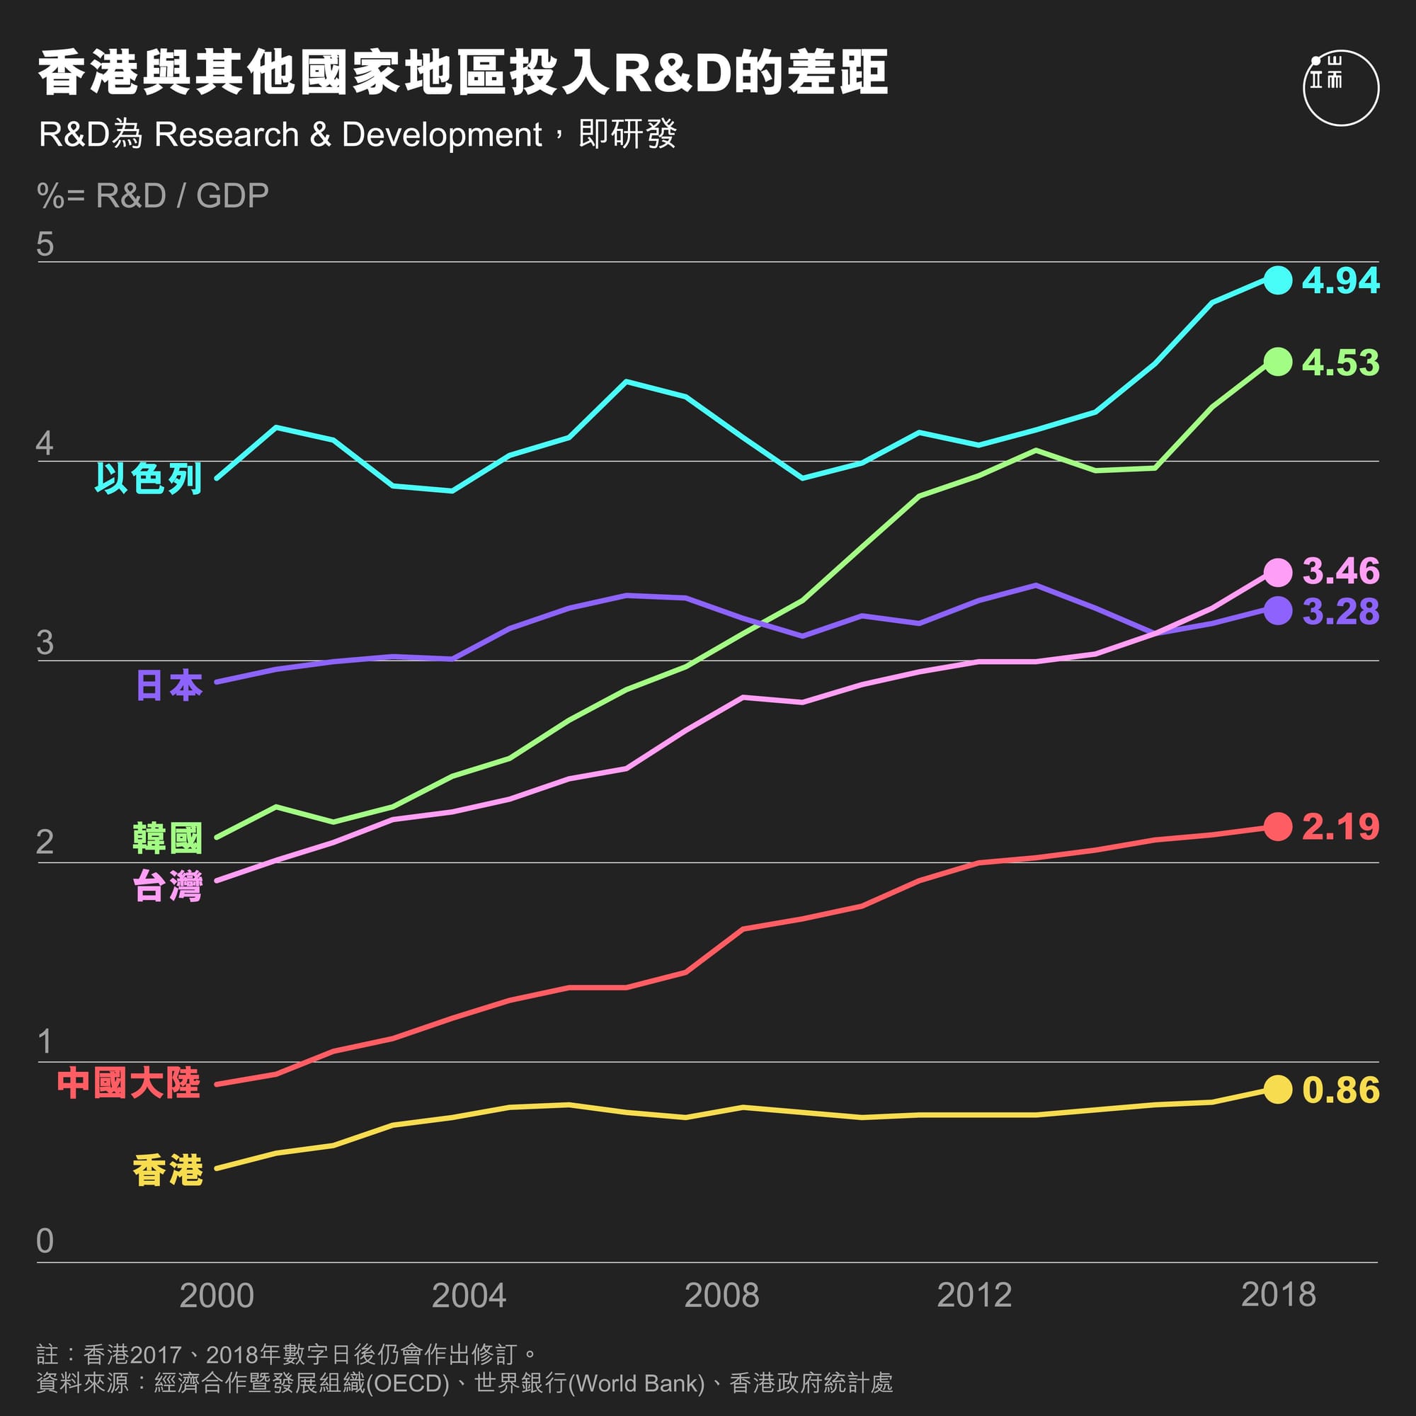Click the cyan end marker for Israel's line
point(1277,280)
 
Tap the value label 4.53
point(1340,362)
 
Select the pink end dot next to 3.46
point(1277,572)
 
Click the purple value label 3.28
point(1340,611)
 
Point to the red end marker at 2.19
point(1277,827)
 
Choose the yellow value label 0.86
point(1340,1090)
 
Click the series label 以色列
point(148,479)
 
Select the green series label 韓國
point(167,838)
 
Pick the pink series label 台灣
point(167,886)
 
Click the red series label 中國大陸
point(129,1083)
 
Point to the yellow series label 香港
point(167,1170)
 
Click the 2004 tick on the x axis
point(469,1296)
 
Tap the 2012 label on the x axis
point(974,1296)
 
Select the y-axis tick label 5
point(45,244)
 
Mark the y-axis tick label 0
point(45,1241)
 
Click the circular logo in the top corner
point(1340,88)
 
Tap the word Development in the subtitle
point(441,135)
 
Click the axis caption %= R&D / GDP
point(152,195)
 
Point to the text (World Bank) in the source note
point(636,1383)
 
